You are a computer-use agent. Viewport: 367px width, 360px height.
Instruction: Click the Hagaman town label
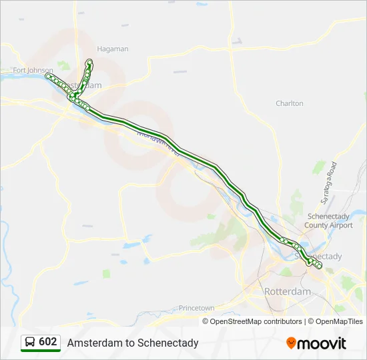[x=113, y=49]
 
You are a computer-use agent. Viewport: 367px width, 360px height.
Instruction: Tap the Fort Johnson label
[x=32, y=70]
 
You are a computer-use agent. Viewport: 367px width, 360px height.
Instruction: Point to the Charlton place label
[x=290, y=103]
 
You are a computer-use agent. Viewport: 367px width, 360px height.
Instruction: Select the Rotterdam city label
[x=288, y=292]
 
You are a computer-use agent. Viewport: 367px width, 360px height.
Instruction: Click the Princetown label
[x=196, y=308]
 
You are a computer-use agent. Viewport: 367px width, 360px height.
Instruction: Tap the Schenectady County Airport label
[x=329, y=221]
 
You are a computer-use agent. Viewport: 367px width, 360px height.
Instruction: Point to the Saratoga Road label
[x=328, y=181]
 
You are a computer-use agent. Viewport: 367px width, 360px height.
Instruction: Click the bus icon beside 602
[x=30, y=342]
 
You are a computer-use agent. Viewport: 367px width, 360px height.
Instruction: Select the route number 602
[x=48, y=341]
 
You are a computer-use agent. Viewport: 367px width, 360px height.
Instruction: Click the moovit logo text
[x=322, y=343]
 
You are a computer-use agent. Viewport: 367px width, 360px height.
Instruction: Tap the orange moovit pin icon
[x=291, y=343]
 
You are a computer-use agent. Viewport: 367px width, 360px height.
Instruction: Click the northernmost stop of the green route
[x=89, y=62]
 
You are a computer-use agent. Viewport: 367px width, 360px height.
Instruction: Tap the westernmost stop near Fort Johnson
[x=48, y=77]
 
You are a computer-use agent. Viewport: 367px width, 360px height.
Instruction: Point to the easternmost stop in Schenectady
[x=320, y=267]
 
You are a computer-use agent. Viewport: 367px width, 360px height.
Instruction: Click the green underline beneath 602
[x=41, y=350]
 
